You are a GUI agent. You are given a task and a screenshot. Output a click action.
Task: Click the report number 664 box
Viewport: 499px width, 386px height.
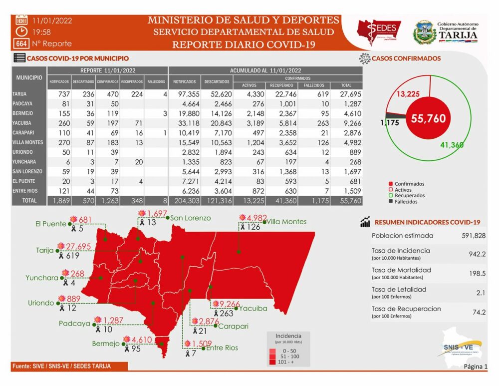pos(21,43)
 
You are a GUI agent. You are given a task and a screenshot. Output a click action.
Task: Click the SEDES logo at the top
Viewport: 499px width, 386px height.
pos(379,32)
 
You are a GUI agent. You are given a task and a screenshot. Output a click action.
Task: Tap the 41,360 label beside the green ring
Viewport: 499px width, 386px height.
pos(452,145)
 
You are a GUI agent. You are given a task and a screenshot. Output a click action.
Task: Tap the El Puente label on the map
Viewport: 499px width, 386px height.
pos(51,224)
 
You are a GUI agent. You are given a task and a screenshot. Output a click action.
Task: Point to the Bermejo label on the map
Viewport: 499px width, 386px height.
pos(106,344)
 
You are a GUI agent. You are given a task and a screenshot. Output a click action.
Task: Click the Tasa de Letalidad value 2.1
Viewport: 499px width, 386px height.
pos(481,293)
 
